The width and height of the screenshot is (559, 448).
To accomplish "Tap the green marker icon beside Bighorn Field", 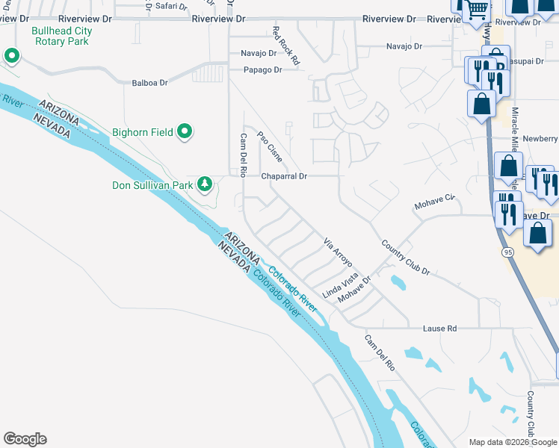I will [x=185, y=133].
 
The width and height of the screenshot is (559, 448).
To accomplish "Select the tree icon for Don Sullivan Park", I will [x=204, y=184].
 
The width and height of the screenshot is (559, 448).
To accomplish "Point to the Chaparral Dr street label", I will [x=284, y=176].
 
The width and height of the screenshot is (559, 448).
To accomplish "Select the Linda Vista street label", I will [x=340, y=286].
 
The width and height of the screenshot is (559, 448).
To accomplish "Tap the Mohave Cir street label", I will [x=434, y=202].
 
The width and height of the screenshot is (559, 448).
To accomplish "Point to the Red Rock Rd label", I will [x=285, y=46].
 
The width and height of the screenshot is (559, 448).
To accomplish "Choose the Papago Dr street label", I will [x=262, y=70].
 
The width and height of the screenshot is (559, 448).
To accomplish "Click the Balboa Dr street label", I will [x=149, y=83].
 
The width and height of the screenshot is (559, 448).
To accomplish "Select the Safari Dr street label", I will [x=171, y=6].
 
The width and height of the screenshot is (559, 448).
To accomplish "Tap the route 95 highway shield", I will [x=507, y=253].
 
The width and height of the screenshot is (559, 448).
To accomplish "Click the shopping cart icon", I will [x=476, y=11].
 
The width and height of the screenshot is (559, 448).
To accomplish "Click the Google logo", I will [x=25, y=439].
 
